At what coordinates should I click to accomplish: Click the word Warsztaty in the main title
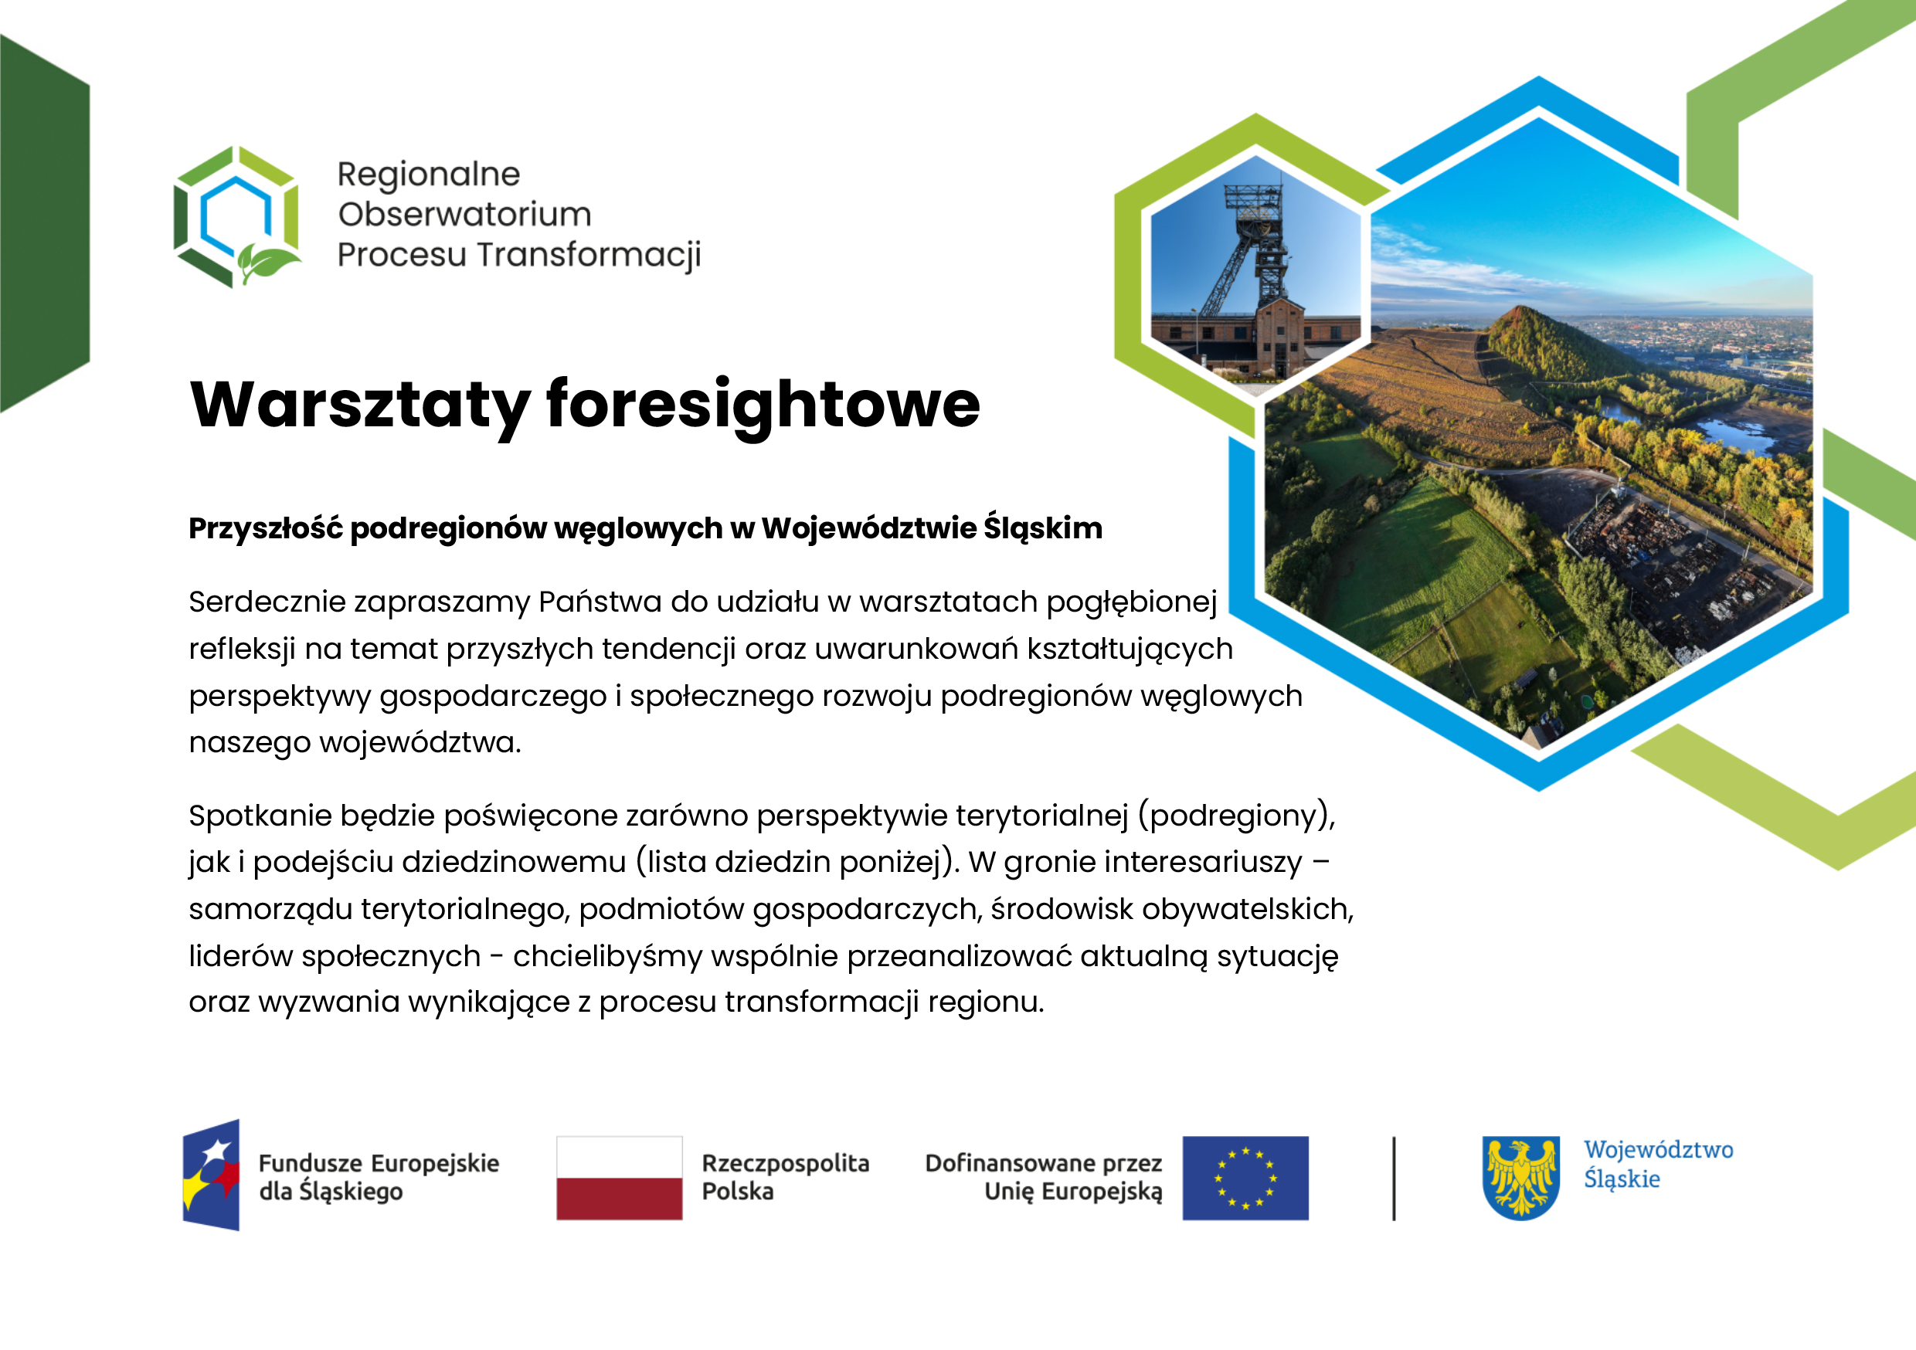coord(361,406)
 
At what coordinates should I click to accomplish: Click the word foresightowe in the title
coord(763,406)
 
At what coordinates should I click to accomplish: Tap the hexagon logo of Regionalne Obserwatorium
coord(237,217)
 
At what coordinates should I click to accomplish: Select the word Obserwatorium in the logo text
coord(465,215)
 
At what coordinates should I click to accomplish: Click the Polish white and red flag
coord(619,1178)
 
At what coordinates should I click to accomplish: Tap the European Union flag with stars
coord(1245,1178)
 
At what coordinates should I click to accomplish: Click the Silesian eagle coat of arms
coord(1521,1178)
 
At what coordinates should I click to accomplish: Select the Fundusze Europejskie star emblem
coord(212,1175)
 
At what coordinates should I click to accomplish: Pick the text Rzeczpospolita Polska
coord(785,1176)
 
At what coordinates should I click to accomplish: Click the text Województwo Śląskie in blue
coord(1658,1164)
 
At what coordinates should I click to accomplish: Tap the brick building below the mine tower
coord(1256,338)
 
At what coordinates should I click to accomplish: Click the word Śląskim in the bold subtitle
coord(1043,528)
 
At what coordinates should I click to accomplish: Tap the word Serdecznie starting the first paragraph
coord(267,602)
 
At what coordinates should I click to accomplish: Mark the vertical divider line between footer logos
coord(1394,1178)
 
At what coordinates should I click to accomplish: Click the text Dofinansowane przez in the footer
coord(1043,1163)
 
